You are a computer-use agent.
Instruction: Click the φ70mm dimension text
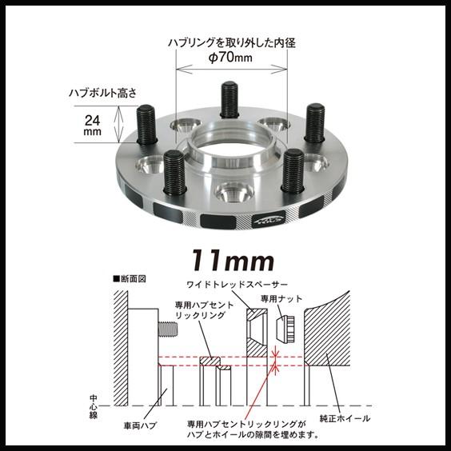click(x=229, y=58)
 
